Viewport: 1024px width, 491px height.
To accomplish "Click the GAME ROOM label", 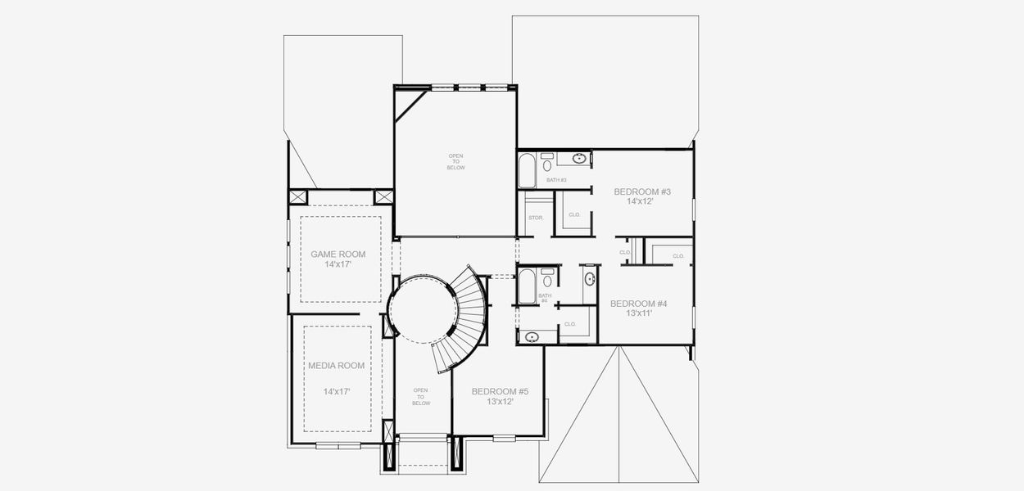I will point(338,254).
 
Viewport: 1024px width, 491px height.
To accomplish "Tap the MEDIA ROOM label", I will point(336,365).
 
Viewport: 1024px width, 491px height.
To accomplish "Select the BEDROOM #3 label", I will point(642,191).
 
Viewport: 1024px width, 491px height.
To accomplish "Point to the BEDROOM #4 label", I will point(638,303).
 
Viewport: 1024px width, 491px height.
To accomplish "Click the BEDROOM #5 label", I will point(500,391).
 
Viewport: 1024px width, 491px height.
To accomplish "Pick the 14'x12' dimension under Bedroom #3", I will point(639,201).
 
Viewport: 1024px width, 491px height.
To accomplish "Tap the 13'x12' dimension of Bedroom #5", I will point(499,402).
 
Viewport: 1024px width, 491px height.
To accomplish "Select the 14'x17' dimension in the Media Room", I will point(336,392).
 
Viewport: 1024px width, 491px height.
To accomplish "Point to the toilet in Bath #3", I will point(547,165).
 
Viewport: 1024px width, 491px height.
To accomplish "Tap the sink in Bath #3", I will point(579,158).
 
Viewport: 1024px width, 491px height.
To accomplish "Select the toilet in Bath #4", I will point(547,281).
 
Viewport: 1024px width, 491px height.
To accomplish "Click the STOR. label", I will point(536,218).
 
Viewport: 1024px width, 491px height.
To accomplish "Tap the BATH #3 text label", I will point(556,180).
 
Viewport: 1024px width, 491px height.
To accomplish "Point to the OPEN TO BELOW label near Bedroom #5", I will point(420,397).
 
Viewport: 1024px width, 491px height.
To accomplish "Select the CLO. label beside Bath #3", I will point(574,214).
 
